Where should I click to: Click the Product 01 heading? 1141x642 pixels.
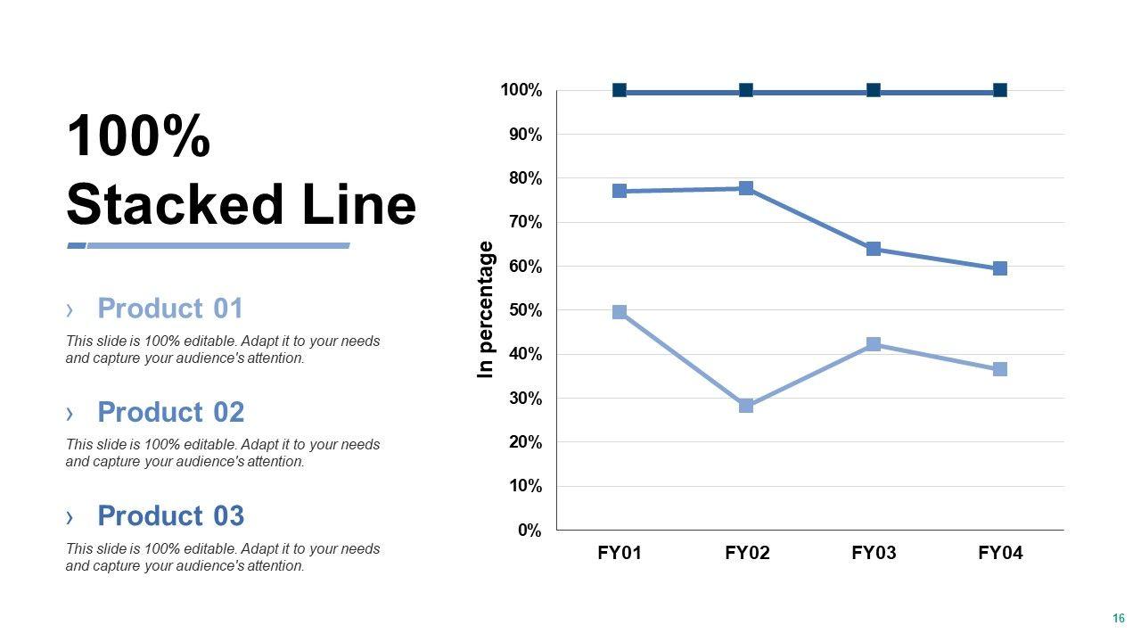coord(169,309)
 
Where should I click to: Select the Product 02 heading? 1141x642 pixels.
coord(170,412)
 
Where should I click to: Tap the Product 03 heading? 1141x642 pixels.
coord(170,516)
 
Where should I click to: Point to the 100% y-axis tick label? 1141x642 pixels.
coord(521,90)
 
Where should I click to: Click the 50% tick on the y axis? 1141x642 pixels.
coord(526,310)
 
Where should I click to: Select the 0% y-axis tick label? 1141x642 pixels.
coord(529,531)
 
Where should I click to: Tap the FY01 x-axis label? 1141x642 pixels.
coord(620,553)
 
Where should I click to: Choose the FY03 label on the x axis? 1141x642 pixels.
coord(874,553)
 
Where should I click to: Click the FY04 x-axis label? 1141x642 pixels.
coord(1000,553)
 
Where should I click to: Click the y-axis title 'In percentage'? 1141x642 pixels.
coord(486,309)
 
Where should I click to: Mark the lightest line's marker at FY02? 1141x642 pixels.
coord(746,406)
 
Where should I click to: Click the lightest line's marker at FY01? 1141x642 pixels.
coord(620,312)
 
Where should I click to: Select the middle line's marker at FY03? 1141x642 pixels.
coord(874,249)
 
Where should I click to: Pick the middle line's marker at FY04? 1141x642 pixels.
coord(1000,268)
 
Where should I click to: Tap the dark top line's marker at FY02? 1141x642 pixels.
coord(746,90)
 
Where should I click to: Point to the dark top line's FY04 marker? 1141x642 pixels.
coord(1000,90)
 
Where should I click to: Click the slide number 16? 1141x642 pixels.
coord(1119,618)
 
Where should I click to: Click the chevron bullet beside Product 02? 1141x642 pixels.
coord(70,413)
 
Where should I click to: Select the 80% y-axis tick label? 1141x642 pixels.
coord(526,178)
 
